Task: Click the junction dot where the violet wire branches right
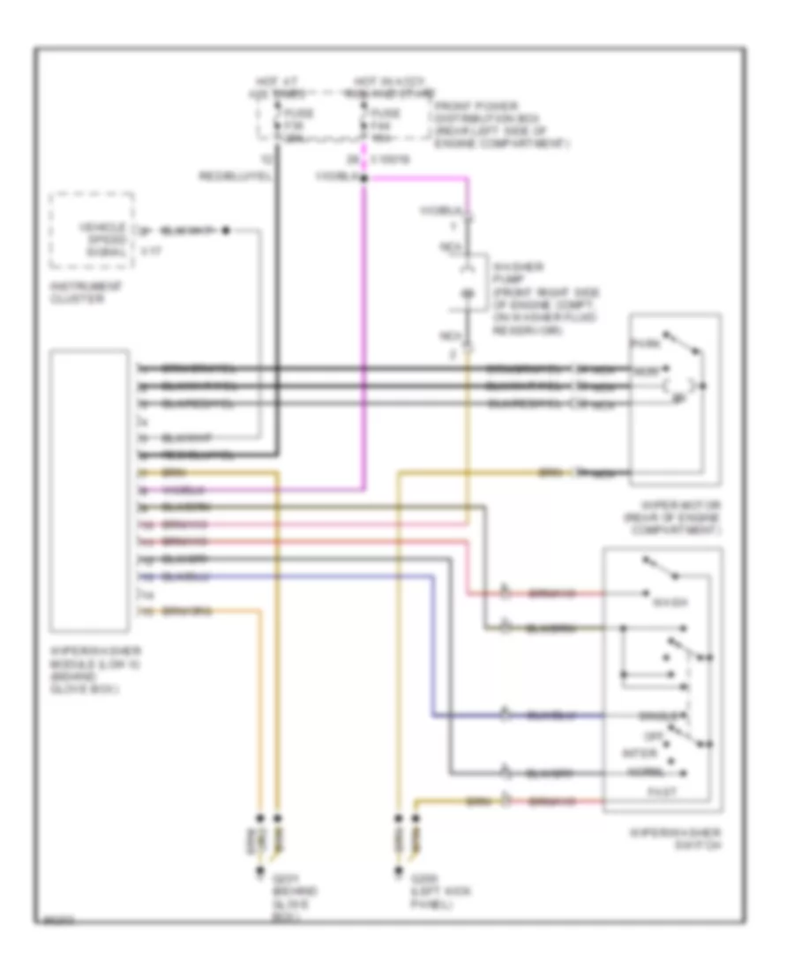pyautogui.click(x=363, y=178)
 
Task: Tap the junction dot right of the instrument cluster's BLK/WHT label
pyautogui.click(x=226, y=230)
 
